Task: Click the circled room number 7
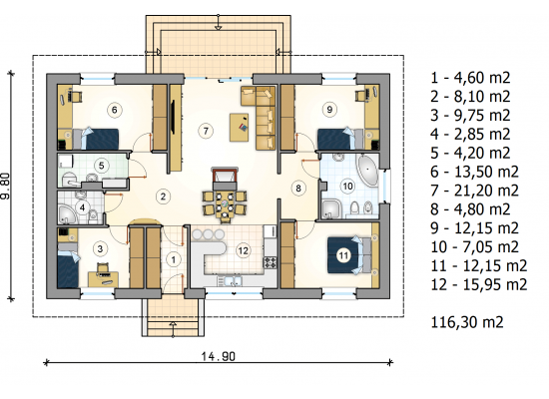(x=206, y=131)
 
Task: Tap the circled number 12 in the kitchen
(x=243, y=250)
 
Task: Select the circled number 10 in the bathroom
(x=347, y=186)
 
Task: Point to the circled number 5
(x=101, y=166)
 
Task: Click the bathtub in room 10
(x=367, y=171)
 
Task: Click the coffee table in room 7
(x=240, y=128)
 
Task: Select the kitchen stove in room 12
(x=271, y=262)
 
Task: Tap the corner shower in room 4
(x=67, y=214)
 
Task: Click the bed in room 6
(x=95, y=139)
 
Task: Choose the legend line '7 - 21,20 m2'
(x=474, y=191)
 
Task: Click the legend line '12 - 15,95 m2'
(x=478, y=284)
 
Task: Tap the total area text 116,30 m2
(x=467, y=322)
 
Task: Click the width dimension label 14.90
(x=219, y=356)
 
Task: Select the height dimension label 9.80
(x=6, y=186)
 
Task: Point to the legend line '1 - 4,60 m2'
(x=470, y=78)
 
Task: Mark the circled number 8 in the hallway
(x=298, y=189)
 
